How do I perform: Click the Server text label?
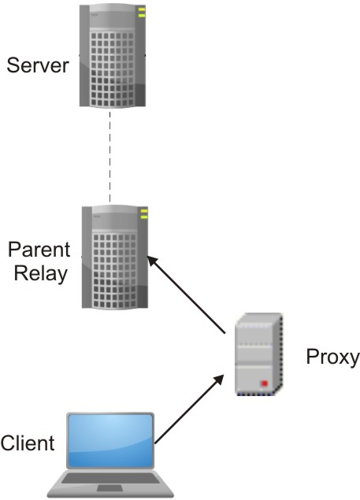click(38, 65)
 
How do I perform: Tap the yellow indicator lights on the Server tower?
click(142, 13)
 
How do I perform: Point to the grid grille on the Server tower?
click(112, 68)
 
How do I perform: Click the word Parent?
click(39, 250)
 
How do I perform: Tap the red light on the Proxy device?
click(265, 383)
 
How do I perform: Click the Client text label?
click(28, 443)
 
